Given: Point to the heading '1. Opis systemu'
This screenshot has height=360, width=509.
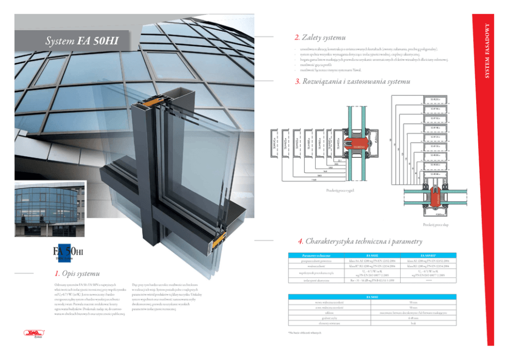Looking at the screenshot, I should point(77,273).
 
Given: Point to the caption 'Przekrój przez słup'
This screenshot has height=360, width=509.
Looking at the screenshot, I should point(434,225).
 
